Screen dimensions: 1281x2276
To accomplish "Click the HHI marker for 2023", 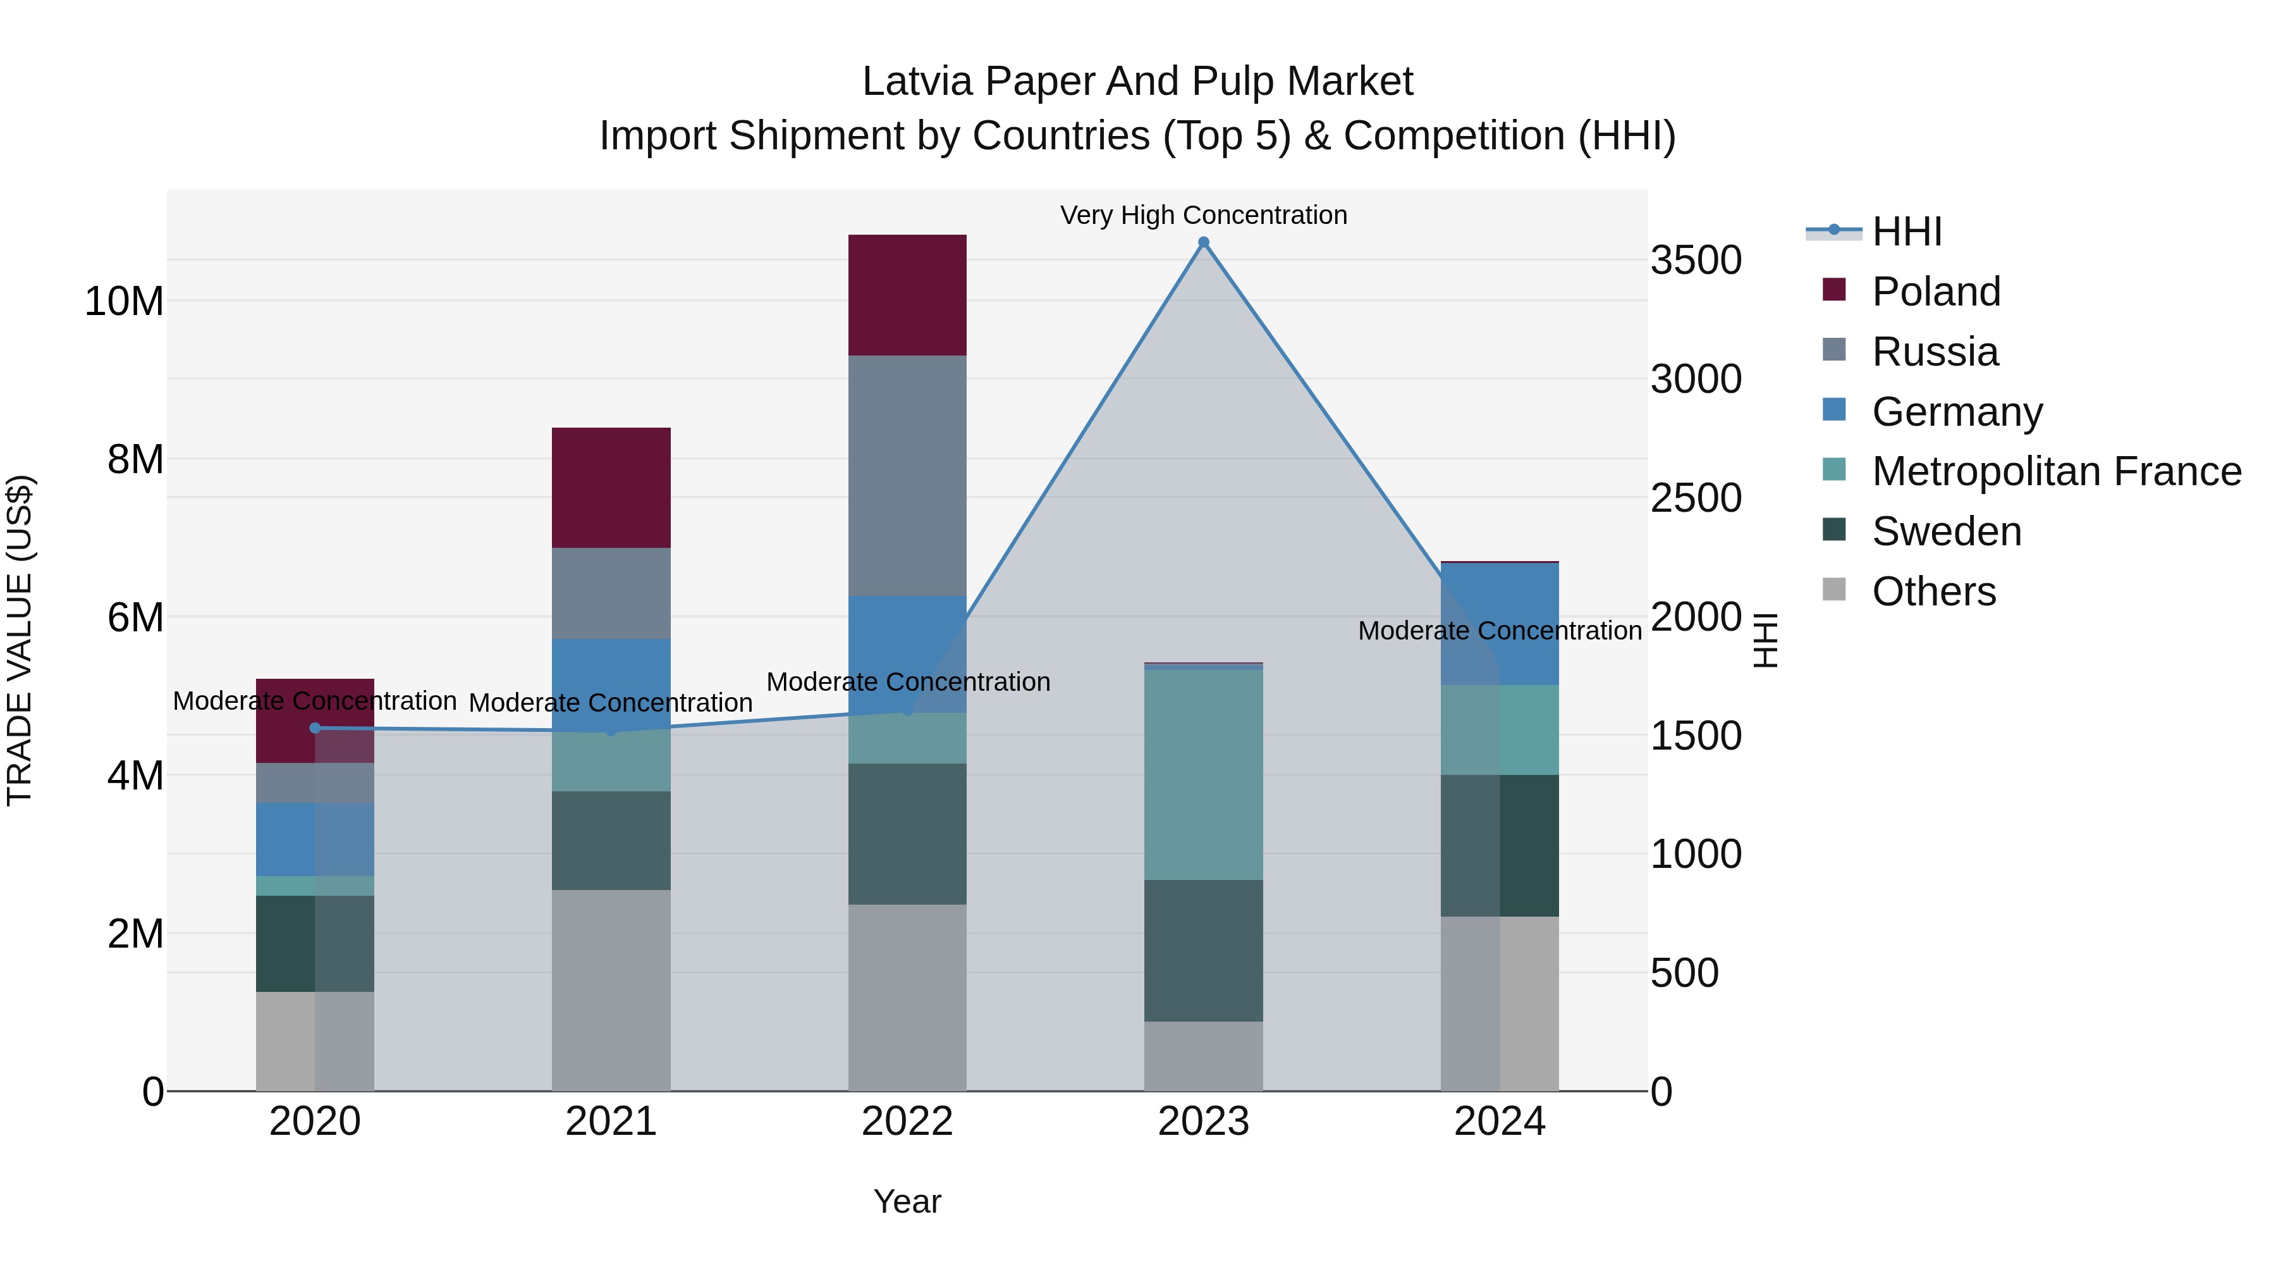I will [1203, 242].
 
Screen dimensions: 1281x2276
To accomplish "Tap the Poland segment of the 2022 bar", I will [907, 295].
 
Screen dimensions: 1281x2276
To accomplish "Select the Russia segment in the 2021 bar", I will [611, 593].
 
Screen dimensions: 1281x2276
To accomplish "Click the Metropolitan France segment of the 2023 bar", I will [1203, 774].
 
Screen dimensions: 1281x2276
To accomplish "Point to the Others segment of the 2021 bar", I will [611, 990].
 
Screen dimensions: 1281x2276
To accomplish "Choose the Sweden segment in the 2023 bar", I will [1203, 950].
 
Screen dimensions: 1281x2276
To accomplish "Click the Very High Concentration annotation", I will [1203, 215].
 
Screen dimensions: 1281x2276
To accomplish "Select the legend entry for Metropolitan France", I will [2056, 471].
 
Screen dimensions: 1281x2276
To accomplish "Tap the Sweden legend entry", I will [1947, 531].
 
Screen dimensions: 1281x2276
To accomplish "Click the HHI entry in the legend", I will [1907, 232].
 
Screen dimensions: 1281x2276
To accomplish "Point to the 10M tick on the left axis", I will [124, 302].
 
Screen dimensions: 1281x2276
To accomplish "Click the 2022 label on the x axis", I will [907, 1122].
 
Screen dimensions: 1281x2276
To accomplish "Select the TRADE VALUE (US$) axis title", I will [20, 640].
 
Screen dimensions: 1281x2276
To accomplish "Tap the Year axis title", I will [907, 1201].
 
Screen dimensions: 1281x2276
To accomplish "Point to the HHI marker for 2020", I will [315, 727].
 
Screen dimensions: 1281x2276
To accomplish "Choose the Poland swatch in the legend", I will [1834, 290].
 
